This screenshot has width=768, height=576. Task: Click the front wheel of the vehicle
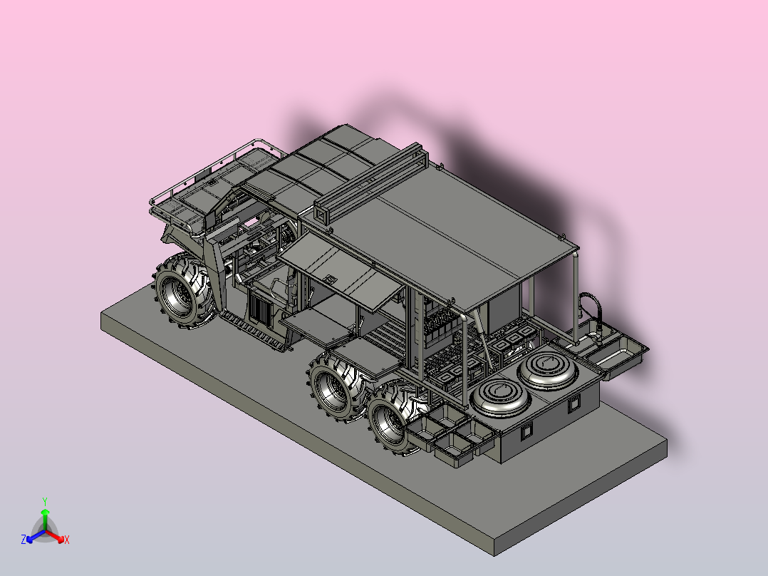pyautogui.click(x=184, y=291)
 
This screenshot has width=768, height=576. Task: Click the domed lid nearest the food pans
pyautogui.click(x=500, y=396)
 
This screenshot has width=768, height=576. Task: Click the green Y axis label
pyautogui.click(x=45, y=501)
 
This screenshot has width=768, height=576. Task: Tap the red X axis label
pyautogui.click(x=67, y=540)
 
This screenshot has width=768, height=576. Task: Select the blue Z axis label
pyautogui.click(x=24, y=540)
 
